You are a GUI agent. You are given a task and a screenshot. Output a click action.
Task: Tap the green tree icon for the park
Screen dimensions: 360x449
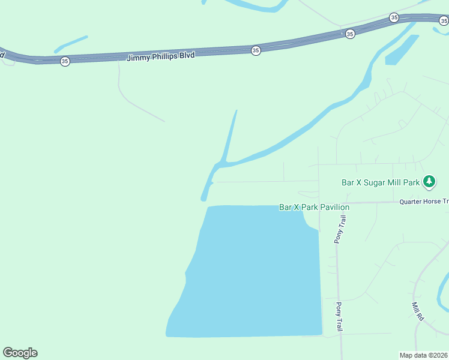pyautogui.click(x=429, y=181)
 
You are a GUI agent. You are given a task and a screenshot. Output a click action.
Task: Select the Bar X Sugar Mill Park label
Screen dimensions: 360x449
pyautogui.click(x=380, y=182)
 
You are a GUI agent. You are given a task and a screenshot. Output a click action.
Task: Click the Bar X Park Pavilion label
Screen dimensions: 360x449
pyautogui.click(x=314, y=207)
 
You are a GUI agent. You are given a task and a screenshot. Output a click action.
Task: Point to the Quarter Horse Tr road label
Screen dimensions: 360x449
pyautogui.click(x=423, y=202)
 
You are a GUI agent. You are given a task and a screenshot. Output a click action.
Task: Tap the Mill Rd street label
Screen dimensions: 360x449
pyautogui.click(x=418, y=311)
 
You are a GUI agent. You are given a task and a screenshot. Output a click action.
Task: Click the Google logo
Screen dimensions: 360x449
pyautogui.click(x=20, y=353)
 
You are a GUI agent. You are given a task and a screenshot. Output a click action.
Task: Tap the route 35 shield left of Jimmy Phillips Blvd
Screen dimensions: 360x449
pyautogui.click(x=65, y=61)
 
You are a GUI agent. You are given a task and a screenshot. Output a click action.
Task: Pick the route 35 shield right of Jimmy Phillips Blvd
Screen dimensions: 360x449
pyautogui.click(x=256, y=50)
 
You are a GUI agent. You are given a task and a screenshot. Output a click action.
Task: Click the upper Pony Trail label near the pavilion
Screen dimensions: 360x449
pyautogui.click(x=340, y=229)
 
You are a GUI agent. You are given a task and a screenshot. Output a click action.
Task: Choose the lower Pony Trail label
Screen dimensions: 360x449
pyautogui.click(x=339, y=317)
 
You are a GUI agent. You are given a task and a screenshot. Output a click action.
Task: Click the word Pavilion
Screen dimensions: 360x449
pyautogui.click(x=334, y=207)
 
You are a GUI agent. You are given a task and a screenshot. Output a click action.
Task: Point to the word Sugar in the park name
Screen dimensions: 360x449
pyautogui.click(x=373, y=182)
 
